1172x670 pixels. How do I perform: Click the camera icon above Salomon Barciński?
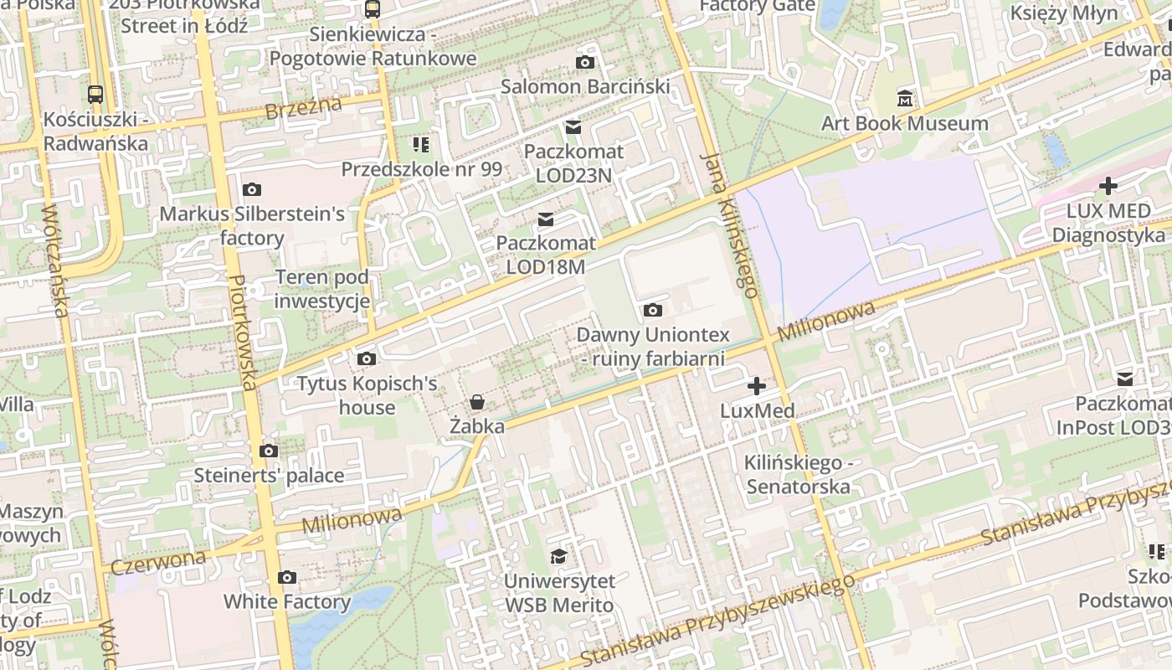pos(585,63)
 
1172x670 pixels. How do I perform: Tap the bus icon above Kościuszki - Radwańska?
pos(95,95)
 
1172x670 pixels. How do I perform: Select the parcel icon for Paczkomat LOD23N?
pos(573,127)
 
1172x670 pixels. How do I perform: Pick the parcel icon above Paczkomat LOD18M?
pos(546,219)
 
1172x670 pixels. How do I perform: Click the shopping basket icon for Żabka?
pos(477,402)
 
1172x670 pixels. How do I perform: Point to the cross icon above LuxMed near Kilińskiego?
pos(757,386)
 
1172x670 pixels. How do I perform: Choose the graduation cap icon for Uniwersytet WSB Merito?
pos(558,557)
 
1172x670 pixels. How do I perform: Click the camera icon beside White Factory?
pos(287,578)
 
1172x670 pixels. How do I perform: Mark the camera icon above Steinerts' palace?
pos(269,451)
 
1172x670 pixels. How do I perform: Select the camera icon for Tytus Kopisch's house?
pos(367,359)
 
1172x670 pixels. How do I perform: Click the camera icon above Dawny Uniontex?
pos(653,311)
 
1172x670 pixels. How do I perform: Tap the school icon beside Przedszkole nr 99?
pos(421,146)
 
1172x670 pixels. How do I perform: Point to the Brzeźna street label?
pos(303,108)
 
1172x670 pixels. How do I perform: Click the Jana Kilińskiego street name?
pos(731,224)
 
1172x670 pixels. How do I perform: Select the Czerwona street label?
pos(158,561)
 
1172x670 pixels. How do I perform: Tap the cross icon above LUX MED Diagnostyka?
pos(1108,186)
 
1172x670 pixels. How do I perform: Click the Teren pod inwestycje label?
pos(322,289)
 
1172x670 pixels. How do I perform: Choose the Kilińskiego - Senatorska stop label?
pos(798,475)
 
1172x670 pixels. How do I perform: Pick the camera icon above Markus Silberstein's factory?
pos(251,190)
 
